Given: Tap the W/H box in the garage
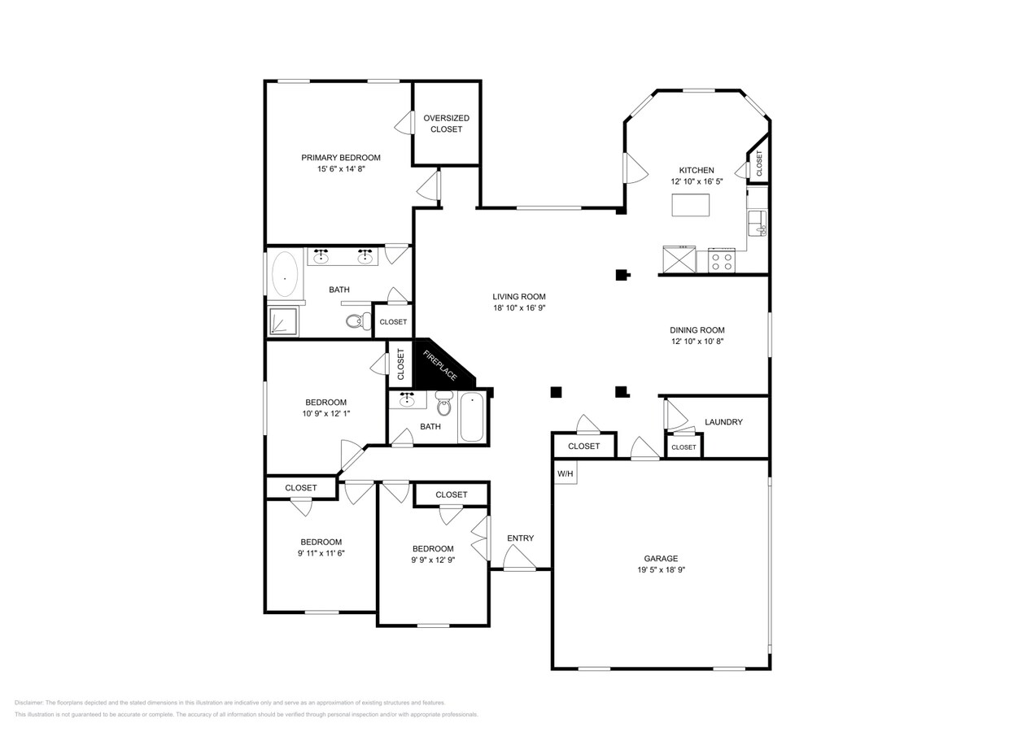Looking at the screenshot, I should pos(565,473).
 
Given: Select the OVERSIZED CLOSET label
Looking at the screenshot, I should pos(446,124).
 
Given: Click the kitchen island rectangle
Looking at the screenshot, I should pos(690,205).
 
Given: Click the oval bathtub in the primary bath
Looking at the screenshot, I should pos(285,274).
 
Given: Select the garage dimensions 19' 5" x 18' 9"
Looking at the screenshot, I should pos(661,570).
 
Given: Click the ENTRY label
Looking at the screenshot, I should pos(520,538).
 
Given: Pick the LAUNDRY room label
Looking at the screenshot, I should pos(723,422).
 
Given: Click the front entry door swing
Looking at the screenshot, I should pos(517,559).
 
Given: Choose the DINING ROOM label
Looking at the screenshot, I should pos(697,330).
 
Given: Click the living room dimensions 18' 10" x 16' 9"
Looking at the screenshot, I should pos(518,308).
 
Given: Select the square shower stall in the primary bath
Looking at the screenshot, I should pos(283,322).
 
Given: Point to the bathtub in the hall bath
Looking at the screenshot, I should pos(472,417).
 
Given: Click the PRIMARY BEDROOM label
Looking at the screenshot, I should pos(340,158).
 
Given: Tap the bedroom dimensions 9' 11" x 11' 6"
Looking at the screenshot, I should pos(321,553).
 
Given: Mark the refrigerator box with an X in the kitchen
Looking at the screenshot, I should pos(679,260).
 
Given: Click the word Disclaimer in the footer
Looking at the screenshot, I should pos(28,703).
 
